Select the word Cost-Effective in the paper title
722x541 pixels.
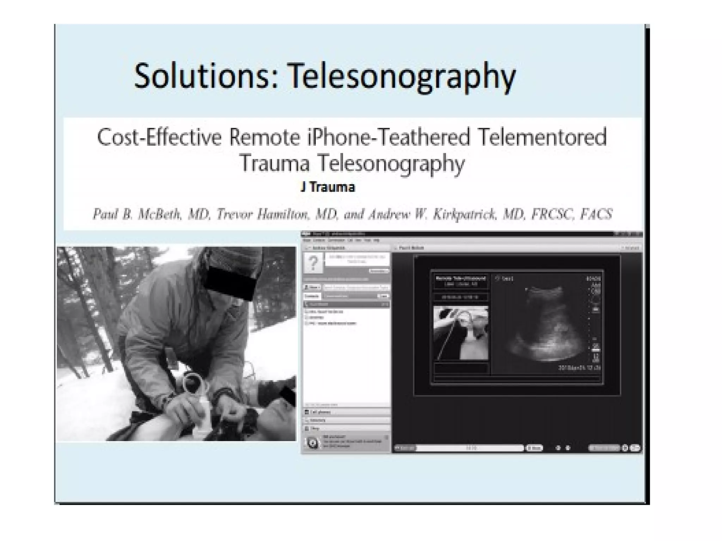[159, 137]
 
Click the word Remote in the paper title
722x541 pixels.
[264, 137]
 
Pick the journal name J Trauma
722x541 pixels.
[328, 187]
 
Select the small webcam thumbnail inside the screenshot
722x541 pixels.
[461, 333]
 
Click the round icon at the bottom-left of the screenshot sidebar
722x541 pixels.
[312, 443]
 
